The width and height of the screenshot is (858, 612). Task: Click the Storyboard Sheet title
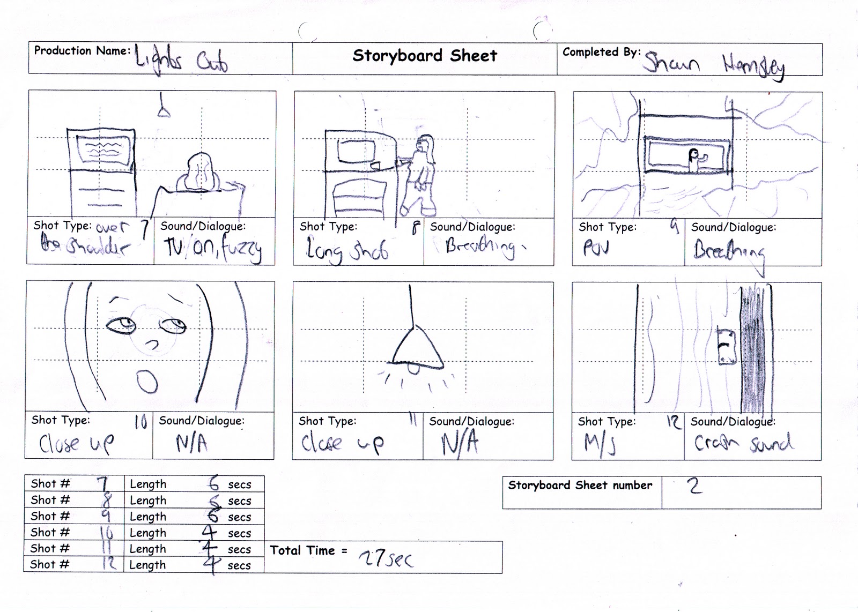[425, 56]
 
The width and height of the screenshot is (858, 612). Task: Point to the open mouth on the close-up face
[147, 383]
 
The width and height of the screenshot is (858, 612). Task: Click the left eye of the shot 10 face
[121, 324]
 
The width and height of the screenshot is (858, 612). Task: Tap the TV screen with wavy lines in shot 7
[102, 149]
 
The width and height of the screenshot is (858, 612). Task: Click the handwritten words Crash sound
[743, 443]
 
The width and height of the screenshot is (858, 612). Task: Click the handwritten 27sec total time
[386, 558]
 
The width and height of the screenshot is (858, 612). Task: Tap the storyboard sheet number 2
[694, 486]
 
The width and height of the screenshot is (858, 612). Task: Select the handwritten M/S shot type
[600, 444]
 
